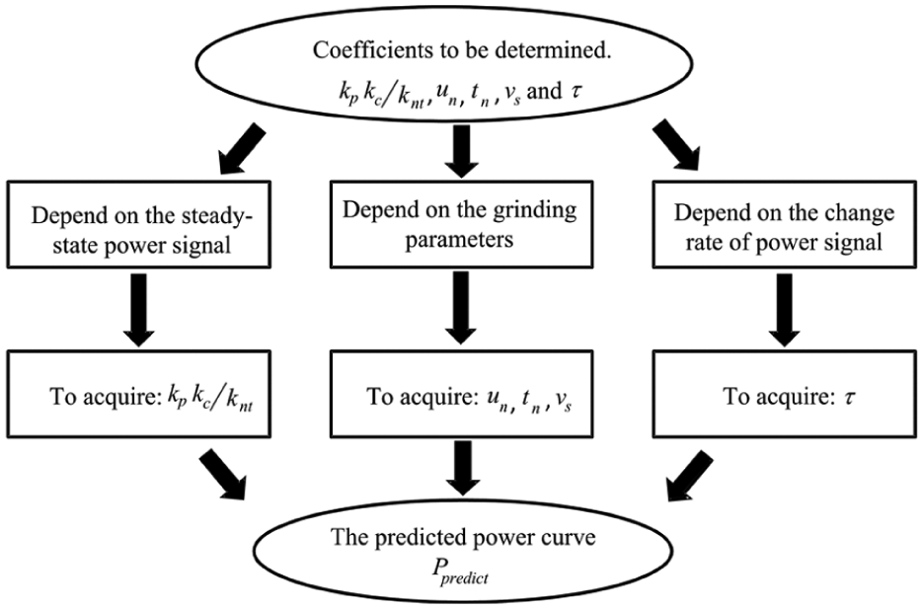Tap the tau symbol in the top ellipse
577,92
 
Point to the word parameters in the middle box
459,241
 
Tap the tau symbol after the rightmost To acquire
849,397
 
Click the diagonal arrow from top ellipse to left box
242,149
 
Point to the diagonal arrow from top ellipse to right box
676,145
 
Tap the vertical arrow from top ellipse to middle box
461,151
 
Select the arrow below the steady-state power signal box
139,309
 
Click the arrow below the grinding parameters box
461,307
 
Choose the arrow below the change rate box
785,309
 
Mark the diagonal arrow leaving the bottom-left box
222,475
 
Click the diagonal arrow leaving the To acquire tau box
689,476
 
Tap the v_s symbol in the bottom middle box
562,401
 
